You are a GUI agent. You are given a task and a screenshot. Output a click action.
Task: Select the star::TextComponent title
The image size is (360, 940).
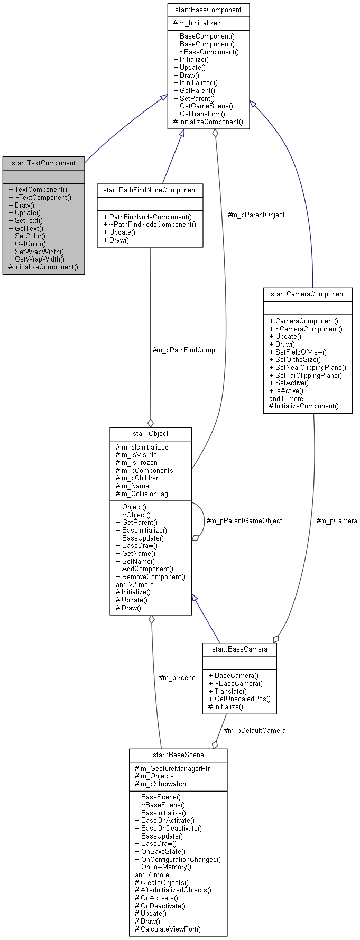click(43, 163)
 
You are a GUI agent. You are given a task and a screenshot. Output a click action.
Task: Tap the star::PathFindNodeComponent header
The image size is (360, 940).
click(150, 190)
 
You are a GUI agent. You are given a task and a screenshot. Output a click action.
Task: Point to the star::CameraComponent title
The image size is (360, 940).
click(308, 294)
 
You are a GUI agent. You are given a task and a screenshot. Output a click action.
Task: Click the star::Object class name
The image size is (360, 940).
click(151, 433)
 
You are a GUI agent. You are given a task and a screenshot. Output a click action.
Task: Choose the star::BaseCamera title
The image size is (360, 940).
click(239, 649)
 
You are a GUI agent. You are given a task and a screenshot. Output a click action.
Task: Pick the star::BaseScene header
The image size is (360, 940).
click(178, 755)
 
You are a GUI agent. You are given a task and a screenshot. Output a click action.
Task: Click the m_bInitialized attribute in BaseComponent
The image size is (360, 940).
click(197, 23)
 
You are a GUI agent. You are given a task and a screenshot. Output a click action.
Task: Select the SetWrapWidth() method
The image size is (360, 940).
click(39, 252)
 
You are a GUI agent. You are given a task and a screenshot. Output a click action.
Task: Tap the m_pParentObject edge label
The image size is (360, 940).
click(256, 215)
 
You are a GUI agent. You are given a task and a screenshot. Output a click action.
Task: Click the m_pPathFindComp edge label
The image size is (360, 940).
click(183, 350)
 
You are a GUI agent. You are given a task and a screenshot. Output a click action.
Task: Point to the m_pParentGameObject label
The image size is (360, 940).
click(244, 520)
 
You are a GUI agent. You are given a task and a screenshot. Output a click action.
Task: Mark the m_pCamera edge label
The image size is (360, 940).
click(336, 520)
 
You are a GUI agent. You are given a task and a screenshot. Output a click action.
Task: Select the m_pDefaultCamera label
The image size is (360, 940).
click(255, 730)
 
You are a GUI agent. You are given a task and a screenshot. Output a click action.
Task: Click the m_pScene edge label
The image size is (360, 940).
click(177, 677)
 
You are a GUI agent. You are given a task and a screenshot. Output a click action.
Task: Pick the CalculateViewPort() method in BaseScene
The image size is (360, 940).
click(168, 929)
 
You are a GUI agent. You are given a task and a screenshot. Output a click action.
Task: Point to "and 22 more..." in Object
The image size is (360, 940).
click(137, 584)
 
